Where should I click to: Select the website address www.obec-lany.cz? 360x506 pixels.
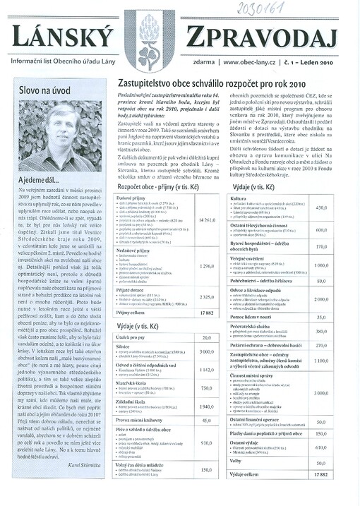point(251,62)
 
